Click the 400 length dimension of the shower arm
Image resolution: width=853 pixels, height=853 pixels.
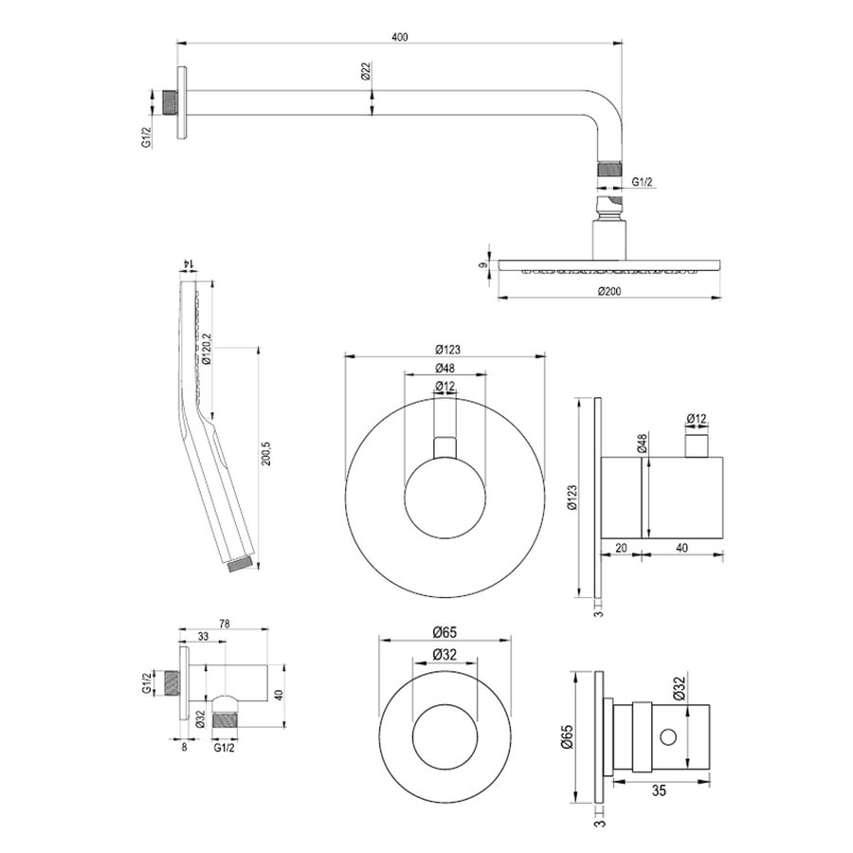tap(399, 36)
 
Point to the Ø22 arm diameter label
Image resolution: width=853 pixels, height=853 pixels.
tap(366, 73)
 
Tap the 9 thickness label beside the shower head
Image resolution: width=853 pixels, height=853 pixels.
tap(482, 266)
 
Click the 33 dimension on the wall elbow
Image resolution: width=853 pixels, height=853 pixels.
tap(203, 637)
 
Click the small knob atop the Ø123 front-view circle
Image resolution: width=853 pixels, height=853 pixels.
tap(445, 447)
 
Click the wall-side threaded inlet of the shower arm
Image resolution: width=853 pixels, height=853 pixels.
tap(171, 102)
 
